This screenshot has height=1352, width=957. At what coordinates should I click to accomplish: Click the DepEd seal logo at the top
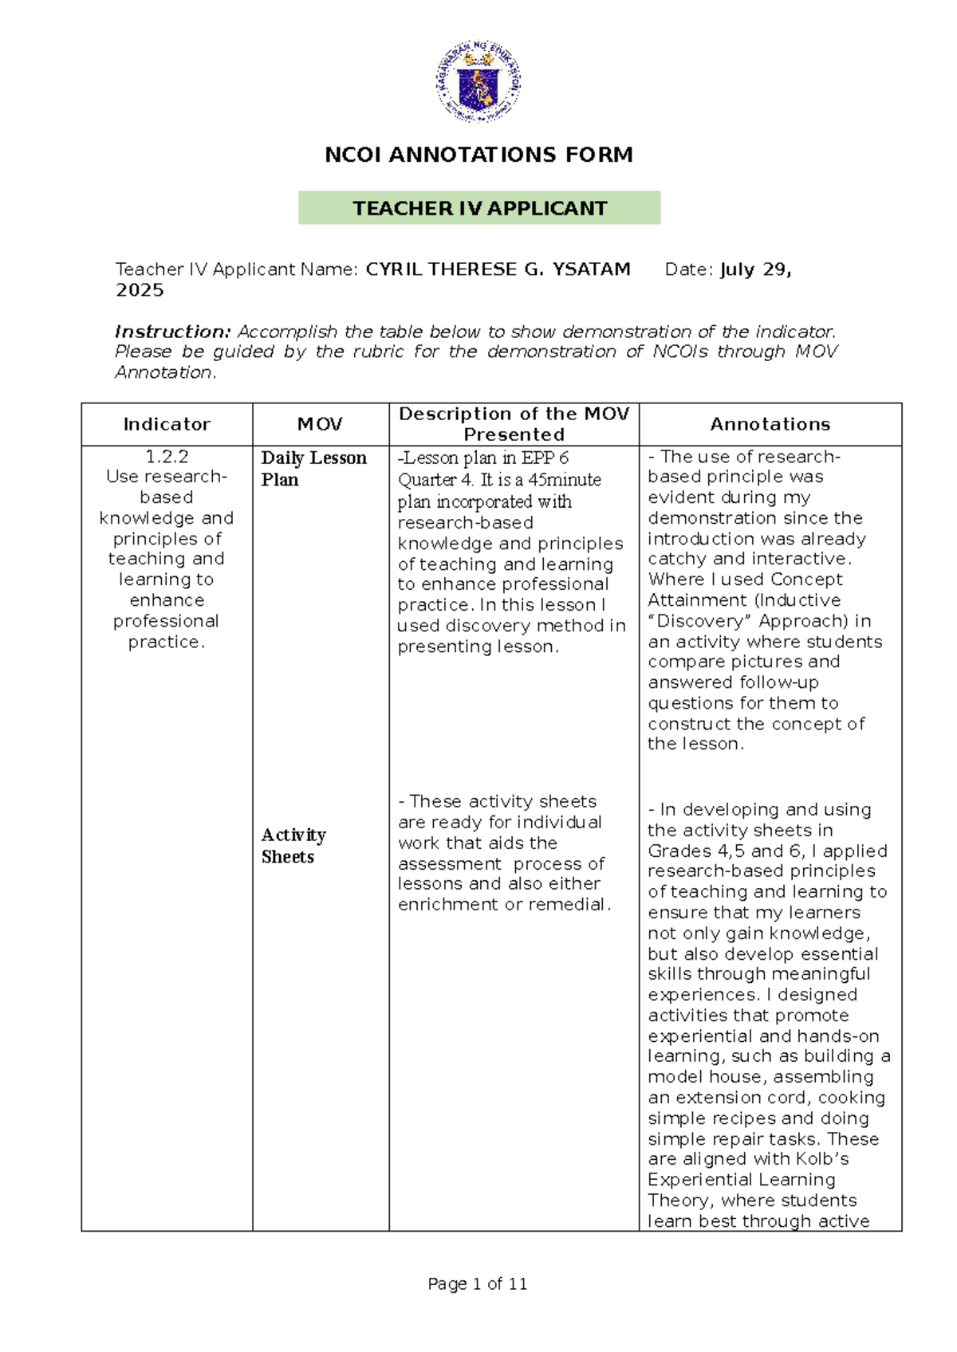(x=478, y=81)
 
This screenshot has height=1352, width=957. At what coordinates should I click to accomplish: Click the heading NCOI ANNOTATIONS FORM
(x=478, y=155)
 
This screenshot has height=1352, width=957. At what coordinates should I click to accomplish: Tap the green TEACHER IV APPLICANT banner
(x=479, y=208)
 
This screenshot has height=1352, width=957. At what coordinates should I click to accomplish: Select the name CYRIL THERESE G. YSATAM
(x=498, y=269)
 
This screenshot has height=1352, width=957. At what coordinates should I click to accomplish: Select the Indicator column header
(x=167, y=424)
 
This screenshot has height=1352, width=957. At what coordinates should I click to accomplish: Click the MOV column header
(x=320, y=424)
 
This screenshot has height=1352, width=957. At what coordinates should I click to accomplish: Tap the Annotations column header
(x=770, y=424)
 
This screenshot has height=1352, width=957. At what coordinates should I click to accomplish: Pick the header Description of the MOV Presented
(x=514, y=424)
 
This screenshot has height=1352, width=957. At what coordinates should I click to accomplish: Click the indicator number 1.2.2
(x=167, y=457)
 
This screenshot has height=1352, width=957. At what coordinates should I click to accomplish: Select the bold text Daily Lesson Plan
(x=313, y=469)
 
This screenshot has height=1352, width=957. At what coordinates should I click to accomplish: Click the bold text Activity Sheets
(x=293, y=846)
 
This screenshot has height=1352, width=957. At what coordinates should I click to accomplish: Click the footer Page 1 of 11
(x=477, y=1284)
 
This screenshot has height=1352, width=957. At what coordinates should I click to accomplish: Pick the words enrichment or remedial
(x=503, y=905)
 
